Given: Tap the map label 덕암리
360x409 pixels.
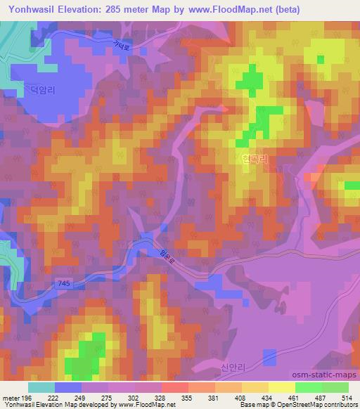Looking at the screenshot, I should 40,89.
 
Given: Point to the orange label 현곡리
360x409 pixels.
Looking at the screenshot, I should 255,160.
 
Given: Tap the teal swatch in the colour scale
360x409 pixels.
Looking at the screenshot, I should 41,387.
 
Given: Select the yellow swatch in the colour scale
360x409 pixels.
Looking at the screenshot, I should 281,387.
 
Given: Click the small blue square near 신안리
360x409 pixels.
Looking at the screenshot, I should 270,358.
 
